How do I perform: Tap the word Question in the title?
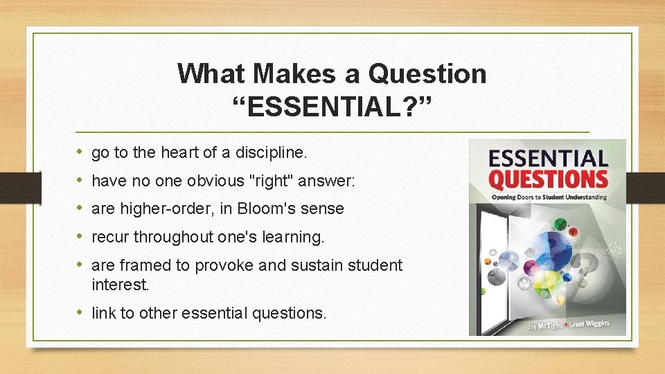(428, 73)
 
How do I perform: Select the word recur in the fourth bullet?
(110, 237)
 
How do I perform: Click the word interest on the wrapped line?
(120, 284)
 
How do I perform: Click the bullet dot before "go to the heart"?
(80, 152)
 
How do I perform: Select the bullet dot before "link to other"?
(80, 312)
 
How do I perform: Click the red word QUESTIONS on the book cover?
(548, 179)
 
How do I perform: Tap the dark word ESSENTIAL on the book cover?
(548, 157)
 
